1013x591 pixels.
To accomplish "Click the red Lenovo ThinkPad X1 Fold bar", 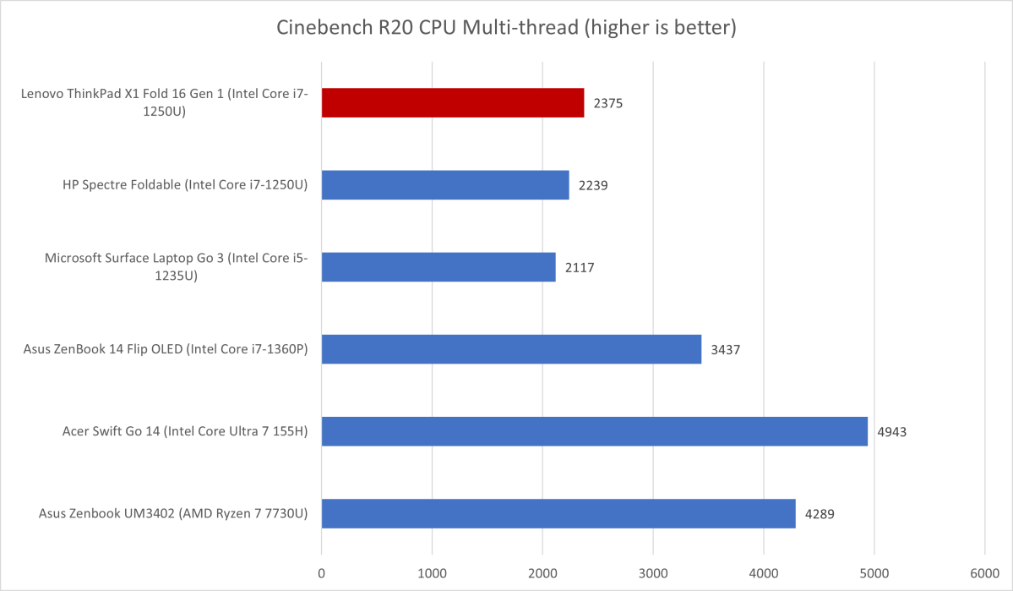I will pyautogui.click(x=452, y=102).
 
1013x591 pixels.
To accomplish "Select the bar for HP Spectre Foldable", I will pyautogui.click(x=444, y=185).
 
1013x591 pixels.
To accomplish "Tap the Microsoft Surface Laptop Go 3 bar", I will pyautogui.click(x=438, y=267).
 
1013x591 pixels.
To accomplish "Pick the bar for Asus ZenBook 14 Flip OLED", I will pyautogui.click(x=511, y=349).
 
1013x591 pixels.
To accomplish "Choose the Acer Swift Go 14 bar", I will pyautogui.click(x=594, y=431).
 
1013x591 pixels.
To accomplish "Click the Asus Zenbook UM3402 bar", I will pyautogui.click(x=558, y=513).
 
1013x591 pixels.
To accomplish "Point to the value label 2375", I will pyautogui.click(x=607, y=103).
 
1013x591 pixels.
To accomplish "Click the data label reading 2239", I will pyautogui.click(x=592, y=185).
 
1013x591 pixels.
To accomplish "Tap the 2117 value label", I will pyautogui.click(x=579, y=267).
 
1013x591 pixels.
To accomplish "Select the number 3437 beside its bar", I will pyautogui.click(x=725, y=349).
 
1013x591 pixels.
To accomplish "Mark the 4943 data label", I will pyautogui.click(x=891, y=431).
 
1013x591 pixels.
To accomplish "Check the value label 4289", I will pyautogui.click(x=820, y=513).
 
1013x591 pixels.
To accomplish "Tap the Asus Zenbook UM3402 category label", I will pyautogui.click(x=173, y=513).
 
